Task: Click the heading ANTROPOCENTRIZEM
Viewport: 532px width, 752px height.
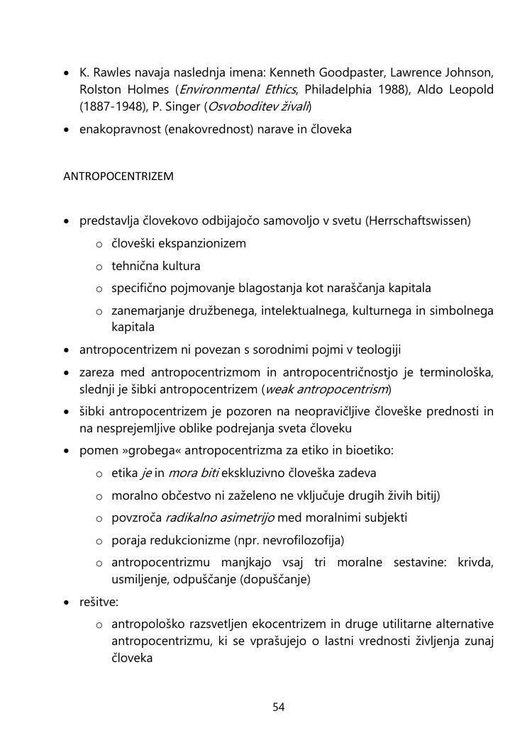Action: [x=118, y=176]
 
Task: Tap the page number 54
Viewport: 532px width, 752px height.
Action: [x=278, y=707]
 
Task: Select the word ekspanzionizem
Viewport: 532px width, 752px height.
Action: [x=201, y=244]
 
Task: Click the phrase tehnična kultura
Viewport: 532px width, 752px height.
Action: [x=155, y=266]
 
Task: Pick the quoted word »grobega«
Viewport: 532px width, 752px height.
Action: [x=147, y=450]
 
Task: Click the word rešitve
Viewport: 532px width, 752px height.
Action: [x=99, y=602]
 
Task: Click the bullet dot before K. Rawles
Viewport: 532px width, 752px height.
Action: [x=67, y=74]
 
